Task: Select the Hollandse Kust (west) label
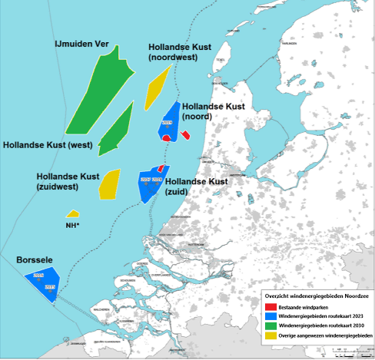(48, 144)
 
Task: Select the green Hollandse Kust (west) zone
(115, 130)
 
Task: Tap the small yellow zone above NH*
(72, 214)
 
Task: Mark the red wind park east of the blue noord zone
(185, 135)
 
